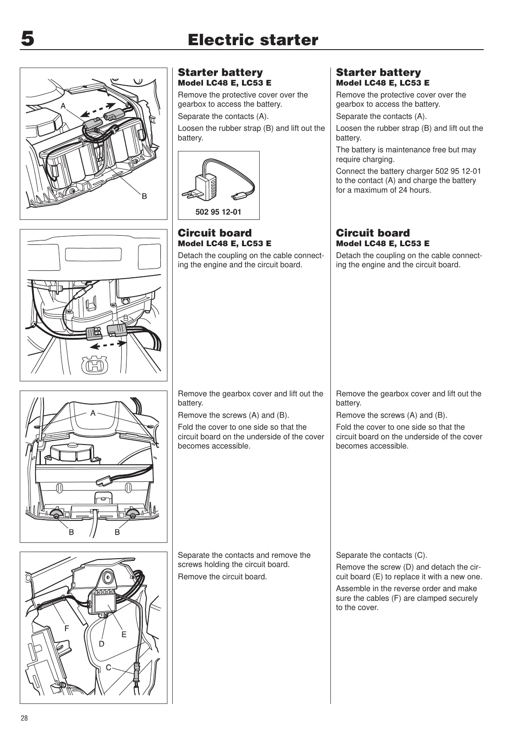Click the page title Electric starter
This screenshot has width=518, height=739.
point(253,40)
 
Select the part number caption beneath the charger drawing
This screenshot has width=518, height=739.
point(218,212)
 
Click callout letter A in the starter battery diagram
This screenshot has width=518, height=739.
point(63,106)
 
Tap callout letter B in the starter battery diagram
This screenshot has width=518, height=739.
point(144,196)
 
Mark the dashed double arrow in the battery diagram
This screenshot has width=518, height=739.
point(99,109)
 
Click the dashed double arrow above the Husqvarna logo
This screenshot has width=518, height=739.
point(105,346)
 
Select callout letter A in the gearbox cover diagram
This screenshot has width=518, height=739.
point(93,413)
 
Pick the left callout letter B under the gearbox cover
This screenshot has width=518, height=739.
point(71,532)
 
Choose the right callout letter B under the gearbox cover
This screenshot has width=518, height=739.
point(117,532)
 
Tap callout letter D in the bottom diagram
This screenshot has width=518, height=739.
point(101,644)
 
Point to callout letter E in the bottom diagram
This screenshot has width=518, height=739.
point(124,634)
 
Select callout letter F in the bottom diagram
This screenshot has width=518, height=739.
point(67,628)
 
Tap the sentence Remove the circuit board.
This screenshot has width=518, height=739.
point(222,577)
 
